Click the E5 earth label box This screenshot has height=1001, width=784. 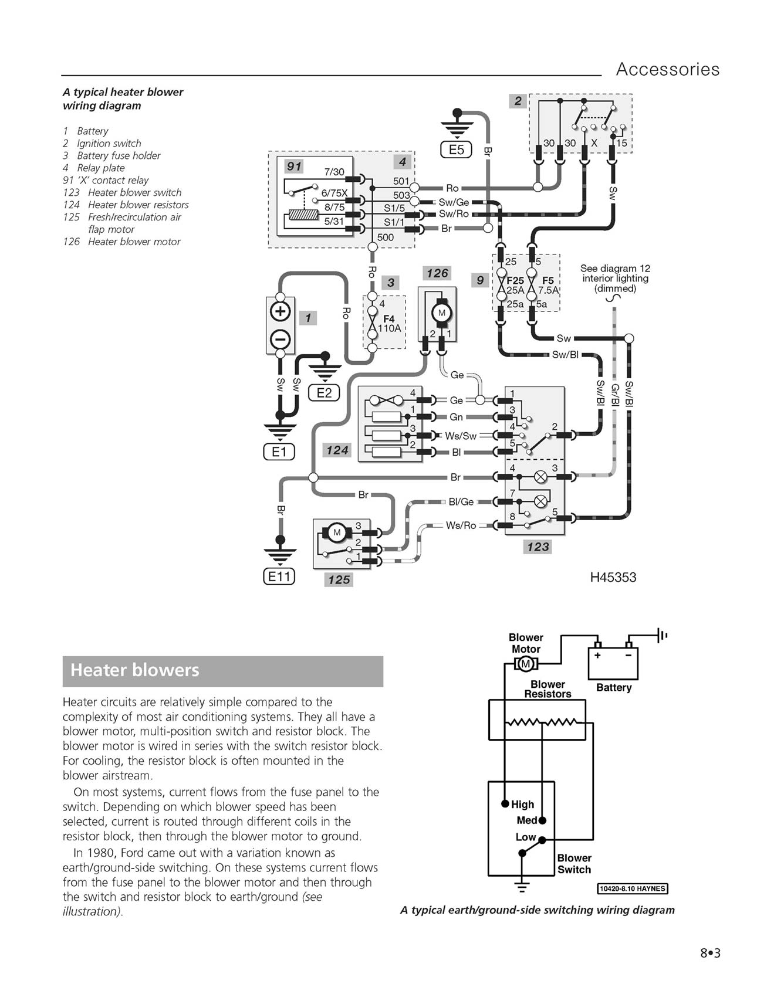click(x=456, y=150)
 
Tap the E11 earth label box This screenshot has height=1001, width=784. click(x=279, y=576)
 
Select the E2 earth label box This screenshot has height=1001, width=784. click(x=324, y=393)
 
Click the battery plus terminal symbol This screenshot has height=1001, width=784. click(x=281, y=311)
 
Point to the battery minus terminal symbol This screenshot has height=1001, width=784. click(x=281, y=339)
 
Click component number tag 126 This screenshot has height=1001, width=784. click(x=438, y=273)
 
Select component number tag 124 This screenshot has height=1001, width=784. click(x=337, y=450)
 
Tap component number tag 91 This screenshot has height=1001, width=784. click(x=294, y=167)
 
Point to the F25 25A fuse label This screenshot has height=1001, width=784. click(x=515, y=286)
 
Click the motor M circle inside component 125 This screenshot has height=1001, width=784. click(x=337, y=533)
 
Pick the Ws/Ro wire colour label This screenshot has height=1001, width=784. click(x=461, y=525)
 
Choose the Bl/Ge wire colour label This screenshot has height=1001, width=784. click(x=461, y=502)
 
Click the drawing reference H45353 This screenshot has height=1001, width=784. click(x=613, y=578)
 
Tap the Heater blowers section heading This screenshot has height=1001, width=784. click(x=135, y=670)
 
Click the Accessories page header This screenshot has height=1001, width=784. click(x=667, y=69)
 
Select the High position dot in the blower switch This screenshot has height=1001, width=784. click(x=505, y=803)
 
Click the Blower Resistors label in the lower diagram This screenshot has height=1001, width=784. click(x=548, y=689)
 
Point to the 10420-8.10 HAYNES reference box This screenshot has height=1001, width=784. click(x=633, y=888)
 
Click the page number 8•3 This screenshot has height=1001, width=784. click(x=710, y=953)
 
